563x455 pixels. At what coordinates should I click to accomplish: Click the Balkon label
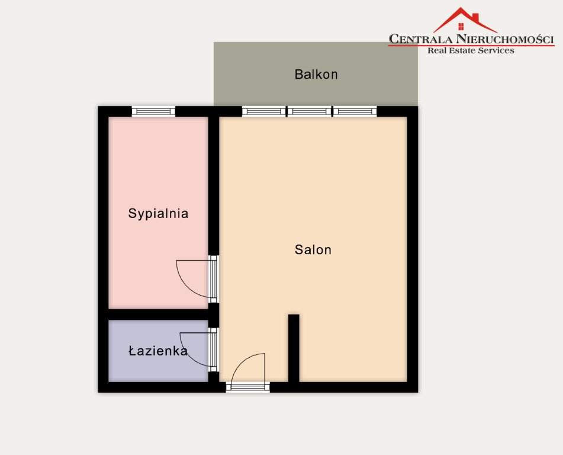click(316, 75)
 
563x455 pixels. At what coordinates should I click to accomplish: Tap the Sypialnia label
click(158, 213)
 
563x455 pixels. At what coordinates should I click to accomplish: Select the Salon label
click(313, 249)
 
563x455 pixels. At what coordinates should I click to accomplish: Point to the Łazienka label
click(158, 351)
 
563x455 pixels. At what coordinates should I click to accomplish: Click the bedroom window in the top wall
click(153, 111)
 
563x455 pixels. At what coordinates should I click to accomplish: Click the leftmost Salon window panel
click(264, 111)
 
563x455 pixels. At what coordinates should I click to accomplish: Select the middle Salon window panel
click(309, 111)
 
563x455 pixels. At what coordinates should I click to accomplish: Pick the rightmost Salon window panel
click(355, 111)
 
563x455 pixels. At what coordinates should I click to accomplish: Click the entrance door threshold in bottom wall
click(247, 387)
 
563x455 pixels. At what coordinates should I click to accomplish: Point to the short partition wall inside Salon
click(294, 348)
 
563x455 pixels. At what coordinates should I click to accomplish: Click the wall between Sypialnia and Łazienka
click(158, 315)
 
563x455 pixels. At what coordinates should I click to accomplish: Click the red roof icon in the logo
click(465, 20)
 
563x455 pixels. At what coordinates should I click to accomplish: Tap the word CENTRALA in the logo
click(420, 39)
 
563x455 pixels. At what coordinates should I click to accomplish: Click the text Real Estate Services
click(471, 51)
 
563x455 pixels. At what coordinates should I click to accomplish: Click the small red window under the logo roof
click(461, 26)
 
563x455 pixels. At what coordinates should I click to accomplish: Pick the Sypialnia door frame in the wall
click(214, 279)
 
